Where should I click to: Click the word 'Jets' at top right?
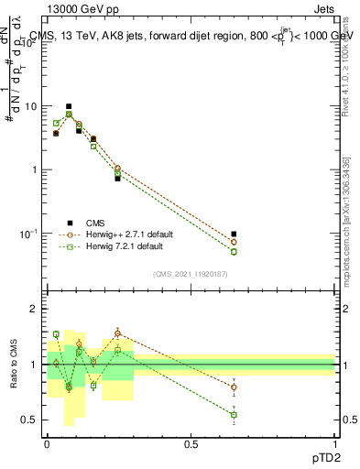click(323, 10)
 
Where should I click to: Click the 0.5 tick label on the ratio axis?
click(31, 420)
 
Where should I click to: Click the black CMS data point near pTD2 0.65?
click(234, 234)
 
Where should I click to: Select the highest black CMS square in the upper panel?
click(69, 106)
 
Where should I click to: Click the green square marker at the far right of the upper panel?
click(234, 251)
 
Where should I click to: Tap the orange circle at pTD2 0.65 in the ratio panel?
click(234, 387)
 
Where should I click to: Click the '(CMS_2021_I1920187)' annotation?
click(190, 274)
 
